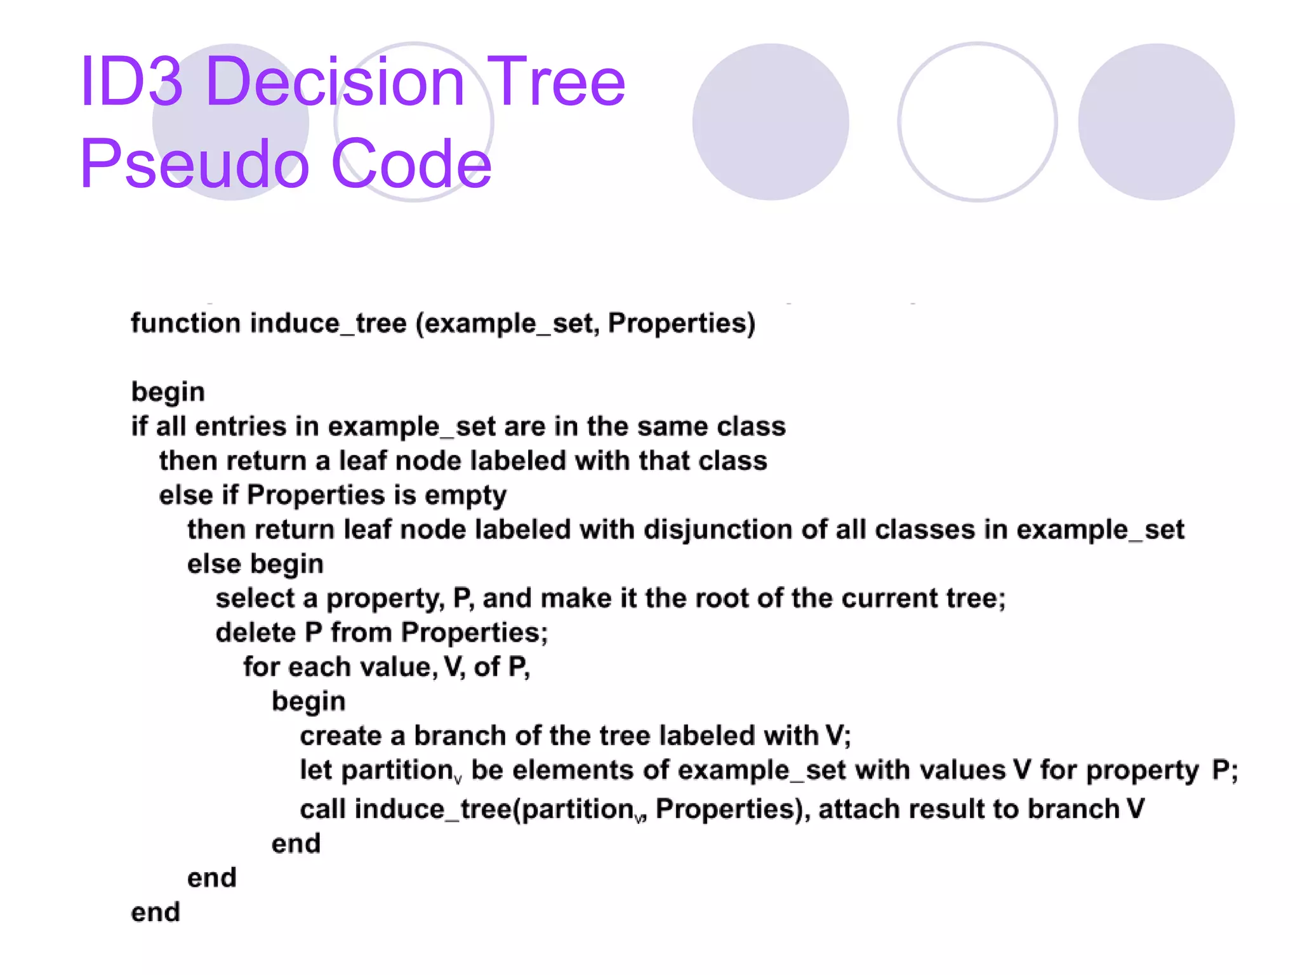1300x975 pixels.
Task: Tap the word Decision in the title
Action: tap(336, 82)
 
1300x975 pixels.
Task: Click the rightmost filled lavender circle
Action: tap(1156, 122)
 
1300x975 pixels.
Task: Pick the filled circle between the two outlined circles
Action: tap(770, 122)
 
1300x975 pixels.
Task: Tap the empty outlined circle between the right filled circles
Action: tap(977, 122)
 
